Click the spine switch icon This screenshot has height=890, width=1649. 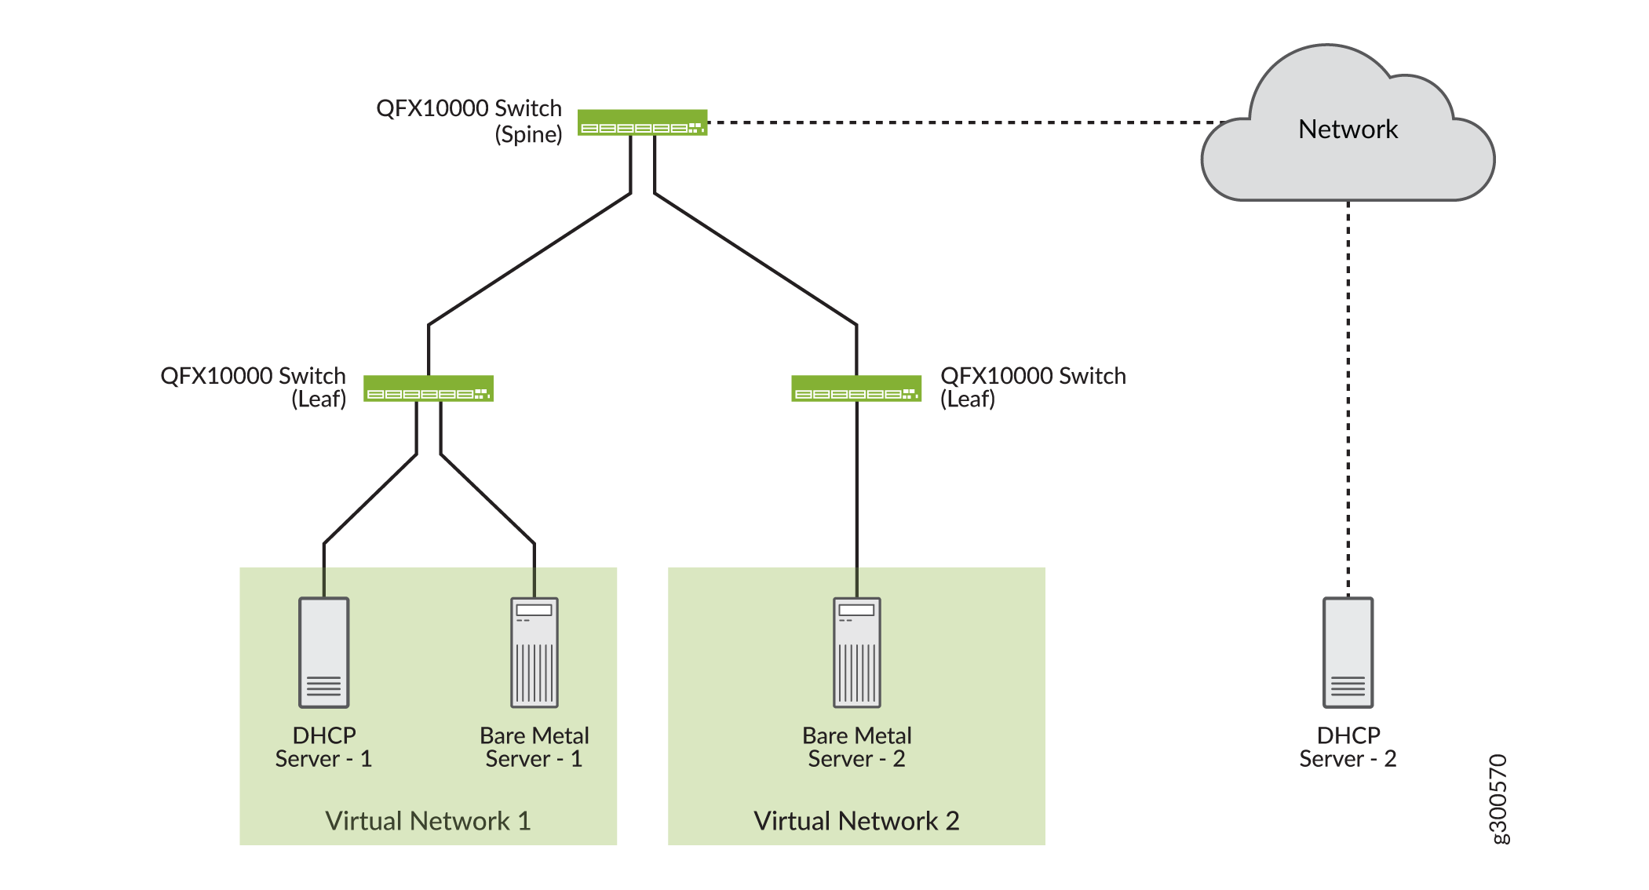[642, 122]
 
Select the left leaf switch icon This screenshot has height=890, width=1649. [428, 388]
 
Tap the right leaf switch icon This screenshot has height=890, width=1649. [856, 388]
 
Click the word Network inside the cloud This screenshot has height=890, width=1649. [1348, 129]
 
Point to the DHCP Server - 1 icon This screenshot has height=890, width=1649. [323, 652]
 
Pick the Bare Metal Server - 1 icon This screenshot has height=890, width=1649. [534, 652]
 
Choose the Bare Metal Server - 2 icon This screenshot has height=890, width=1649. [856, 652]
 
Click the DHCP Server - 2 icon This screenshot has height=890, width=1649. [1348, 652]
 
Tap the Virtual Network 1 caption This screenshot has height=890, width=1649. [428, 821]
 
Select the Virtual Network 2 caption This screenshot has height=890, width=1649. [856, 821]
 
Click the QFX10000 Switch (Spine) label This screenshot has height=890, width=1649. [469, 121]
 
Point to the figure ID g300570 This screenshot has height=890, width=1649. [1498, 799]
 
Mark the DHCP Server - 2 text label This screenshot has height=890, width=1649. [1348, 747]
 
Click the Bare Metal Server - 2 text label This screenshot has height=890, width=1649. [856, 747]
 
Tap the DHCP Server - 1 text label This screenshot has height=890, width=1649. [323, 747]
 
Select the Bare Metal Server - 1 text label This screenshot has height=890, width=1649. [534, 747]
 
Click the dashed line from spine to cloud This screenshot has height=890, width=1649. [965, 122]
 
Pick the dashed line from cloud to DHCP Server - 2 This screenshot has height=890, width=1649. [1348, 392]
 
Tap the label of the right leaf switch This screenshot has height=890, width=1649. [1033, 387]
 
